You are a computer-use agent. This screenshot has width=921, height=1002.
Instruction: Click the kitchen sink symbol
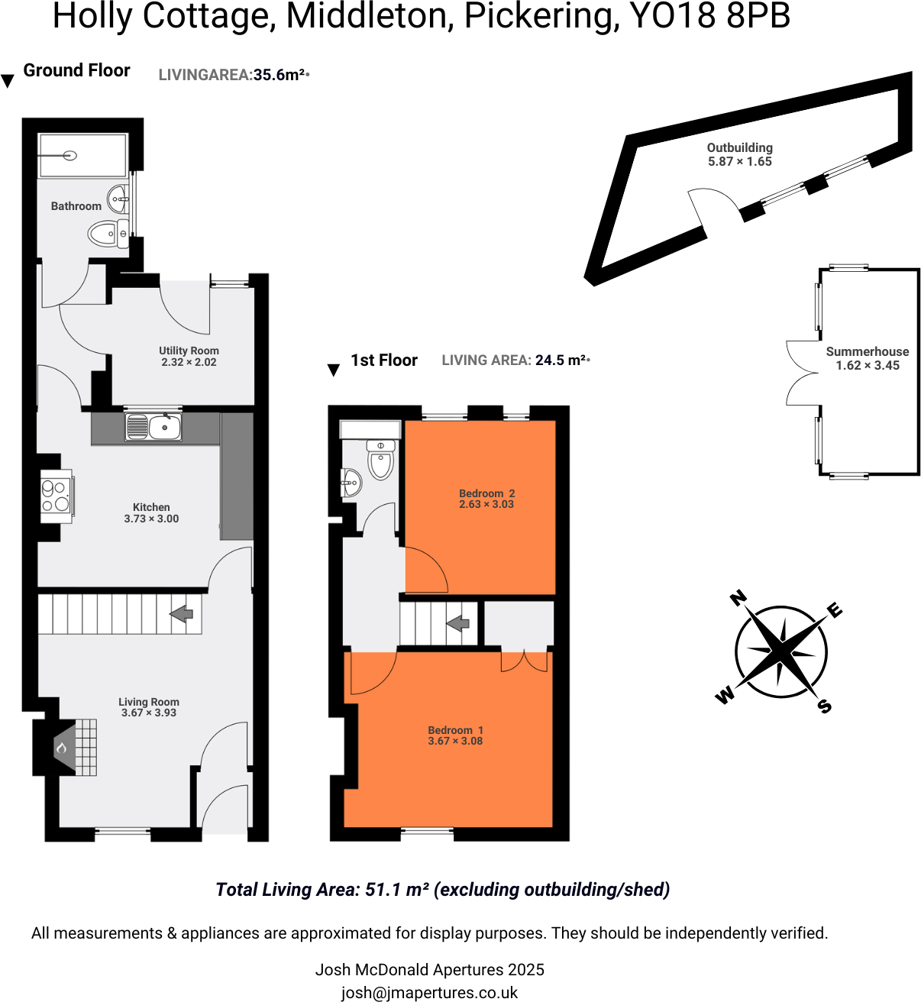pyautogui.click(x=154, y=427)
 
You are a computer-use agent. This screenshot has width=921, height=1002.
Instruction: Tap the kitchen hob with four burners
pyautogui.click(x=56, y=495)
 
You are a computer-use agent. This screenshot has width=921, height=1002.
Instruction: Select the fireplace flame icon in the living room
pyautogui.click(x=63, y=748)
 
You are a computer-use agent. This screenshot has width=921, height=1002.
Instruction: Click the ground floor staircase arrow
pyautogui.click(x=182, y=613)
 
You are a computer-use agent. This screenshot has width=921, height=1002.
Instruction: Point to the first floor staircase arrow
pyautogui.click(x=458, y=623)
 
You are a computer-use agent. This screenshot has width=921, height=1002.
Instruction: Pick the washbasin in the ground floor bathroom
pyautogui.click(x=118, y=199)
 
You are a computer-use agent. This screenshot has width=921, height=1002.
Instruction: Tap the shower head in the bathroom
pyautogui.click(x=70, y=156)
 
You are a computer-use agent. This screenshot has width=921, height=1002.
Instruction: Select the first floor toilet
pyautogui.click(x=380, y=461)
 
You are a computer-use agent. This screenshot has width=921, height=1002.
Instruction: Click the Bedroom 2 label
pyautogui.click(x=486, y=493)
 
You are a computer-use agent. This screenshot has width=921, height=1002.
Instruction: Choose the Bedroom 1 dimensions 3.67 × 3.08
pyautogui.click(x=455, y=741)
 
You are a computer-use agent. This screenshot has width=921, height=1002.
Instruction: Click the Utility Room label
pyautogui.click(x=189, y=351)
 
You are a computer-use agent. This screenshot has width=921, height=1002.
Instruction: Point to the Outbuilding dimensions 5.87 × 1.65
pyautogui.click(x=739, y=161)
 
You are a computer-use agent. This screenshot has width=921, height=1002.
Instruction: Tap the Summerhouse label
pyautogui.click(x=868, y=351)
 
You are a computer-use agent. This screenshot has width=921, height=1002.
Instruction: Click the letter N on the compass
pyautogui.click(x=738, y=598)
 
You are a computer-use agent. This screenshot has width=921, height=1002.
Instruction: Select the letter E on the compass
pyautogui.click(x=835, y=609)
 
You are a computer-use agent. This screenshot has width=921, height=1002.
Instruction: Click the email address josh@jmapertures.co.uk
pyautogui.click(x=429, y=992)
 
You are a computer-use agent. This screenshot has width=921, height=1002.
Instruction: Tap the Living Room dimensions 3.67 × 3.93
pyautogui.click(x=149, y=713)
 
